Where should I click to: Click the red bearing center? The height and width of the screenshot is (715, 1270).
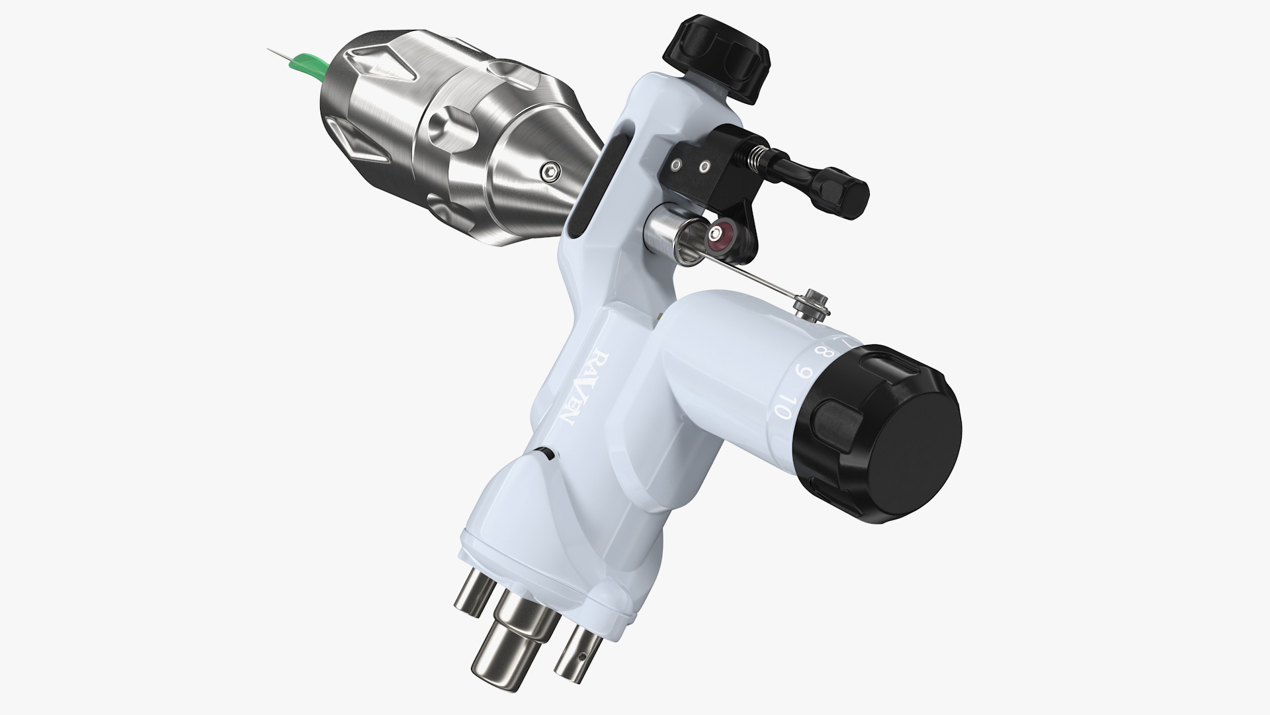pos(717,232)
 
